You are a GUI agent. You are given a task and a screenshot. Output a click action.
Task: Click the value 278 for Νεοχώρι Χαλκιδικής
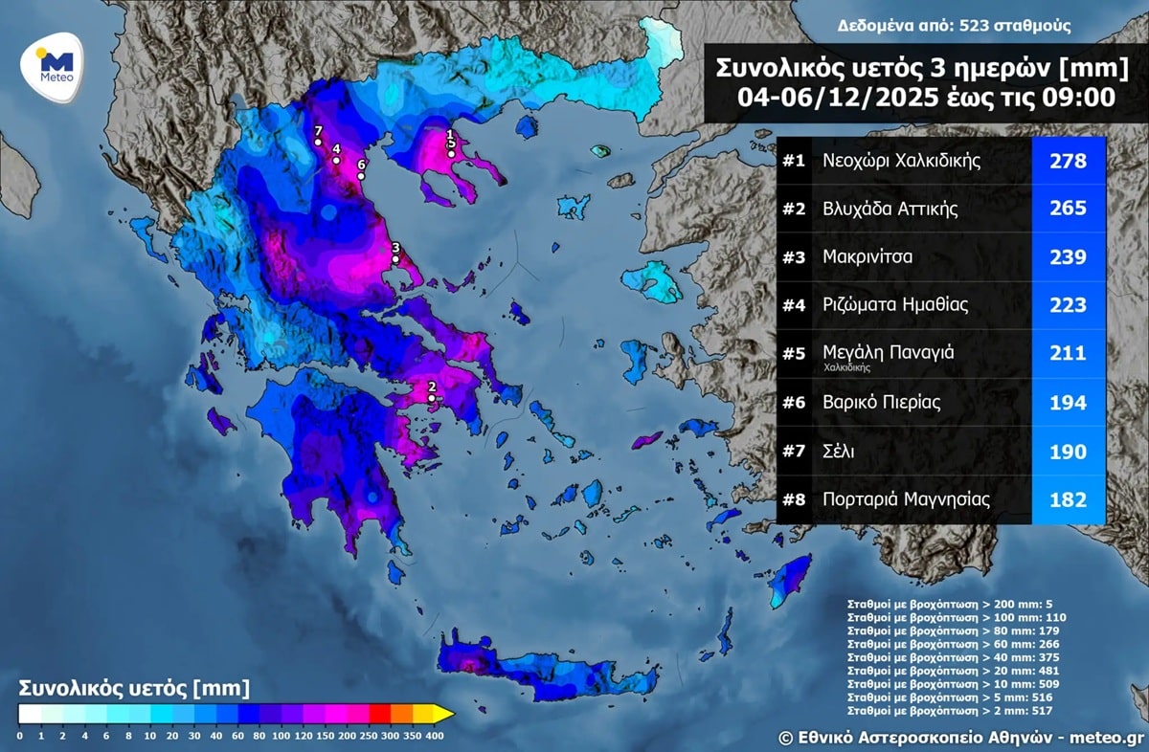(x=1068, y=161)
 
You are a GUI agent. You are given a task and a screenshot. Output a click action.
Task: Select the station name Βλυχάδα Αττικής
(x=890, y=210)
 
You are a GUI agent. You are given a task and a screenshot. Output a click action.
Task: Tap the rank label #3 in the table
(x=794, y=257)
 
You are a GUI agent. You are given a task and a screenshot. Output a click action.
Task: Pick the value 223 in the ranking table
(x=1068, y=306)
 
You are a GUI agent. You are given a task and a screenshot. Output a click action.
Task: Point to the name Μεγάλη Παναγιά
(x=888, y=353)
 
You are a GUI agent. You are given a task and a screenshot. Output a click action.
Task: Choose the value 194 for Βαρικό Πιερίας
(x=1068, y=403)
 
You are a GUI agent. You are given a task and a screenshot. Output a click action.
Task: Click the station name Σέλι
(x=840, y=452)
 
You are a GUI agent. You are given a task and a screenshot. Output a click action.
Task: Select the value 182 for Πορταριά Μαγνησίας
(x=1068, y=499)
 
